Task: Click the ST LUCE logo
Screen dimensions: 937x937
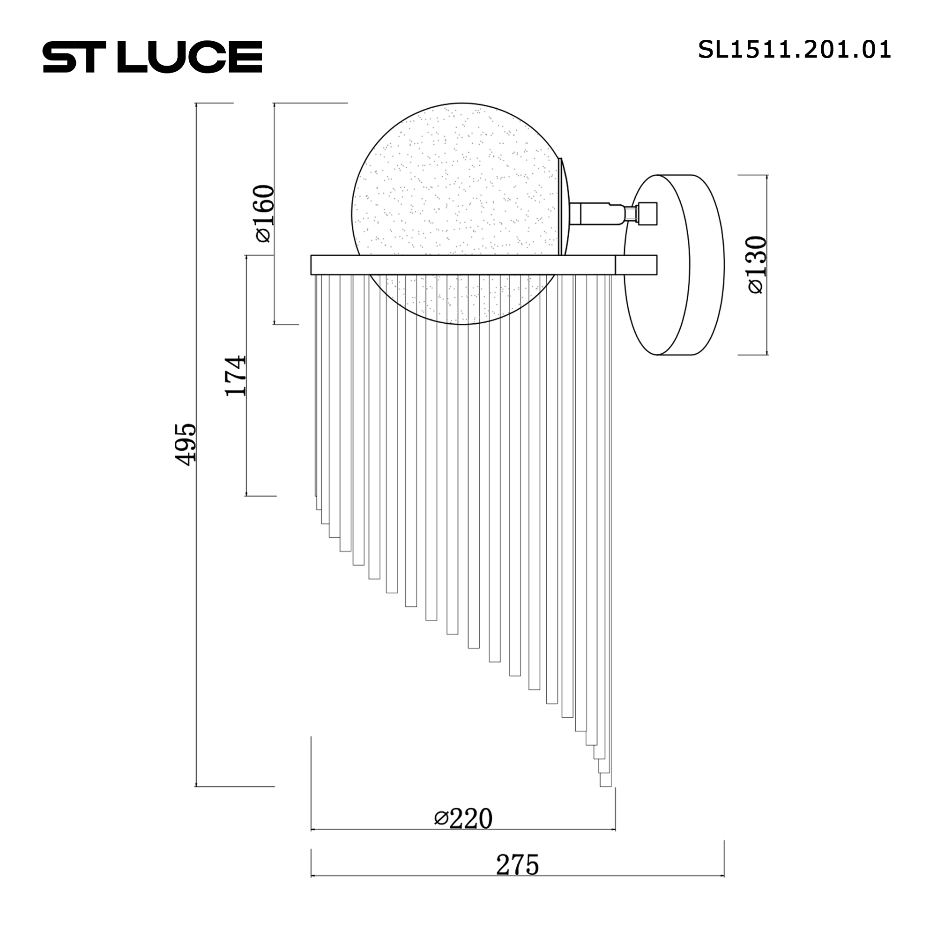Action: pyautogui.click(x=152, y=57)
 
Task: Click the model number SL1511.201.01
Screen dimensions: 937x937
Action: pyautogui.click(x=794, y=50)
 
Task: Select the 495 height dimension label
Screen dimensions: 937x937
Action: pyautogui.click(x=185, y=444)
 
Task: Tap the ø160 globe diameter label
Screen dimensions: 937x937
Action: pyautogui.click(x=264, y=213)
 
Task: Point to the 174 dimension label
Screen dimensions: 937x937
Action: pyautogui.click(x=236, y=376)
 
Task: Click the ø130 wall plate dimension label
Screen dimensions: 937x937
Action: pyautogui.click(x=757, y=264)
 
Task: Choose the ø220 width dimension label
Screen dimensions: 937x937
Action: pyautogui.click(x=463, y=818)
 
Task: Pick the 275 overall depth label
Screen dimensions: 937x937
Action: pyautogui.click(x=517, y=865)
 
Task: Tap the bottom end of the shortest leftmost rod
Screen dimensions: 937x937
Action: pyautogui.click(x=316, y=495)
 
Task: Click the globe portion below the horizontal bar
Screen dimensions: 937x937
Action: pyautogui.click(x=463, y=301)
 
